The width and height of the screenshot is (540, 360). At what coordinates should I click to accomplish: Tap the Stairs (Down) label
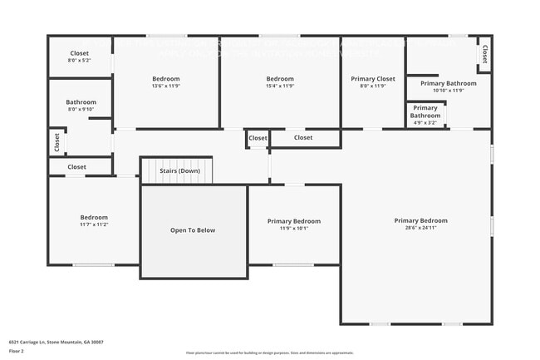(x=179, y=170)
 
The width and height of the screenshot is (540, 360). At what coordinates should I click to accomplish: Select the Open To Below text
(x=193, y=230)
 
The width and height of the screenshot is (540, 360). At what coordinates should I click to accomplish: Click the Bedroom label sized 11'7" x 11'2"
(x=94, y=220)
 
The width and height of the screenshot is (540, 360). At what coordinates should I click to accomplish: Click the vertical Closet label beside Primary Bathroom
(x=484, y=53)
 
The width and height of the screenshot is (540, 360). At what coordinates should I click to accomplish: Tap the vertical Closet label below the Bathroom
(x=56, y=142)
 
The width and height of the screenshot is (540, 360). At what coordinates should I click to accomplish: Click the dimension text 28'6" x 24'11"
(x=420, y=228)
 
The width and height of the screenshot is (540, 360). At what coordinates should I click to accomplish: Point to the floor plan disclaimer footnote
(x=269, y=353)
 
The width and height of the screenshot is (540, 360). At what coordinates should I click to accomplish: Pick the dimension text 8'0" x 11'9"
(x=373, y=86)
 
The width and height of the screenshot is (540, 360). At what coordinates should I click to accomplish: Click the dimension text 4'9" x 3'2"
(x=425, y=122)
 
